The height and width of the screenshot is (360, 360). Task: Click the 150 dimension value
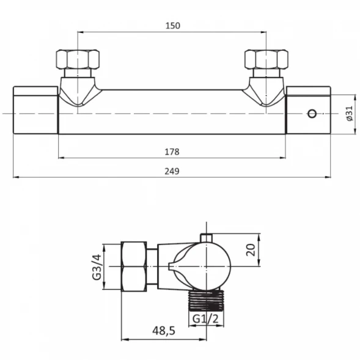tap(173, 26)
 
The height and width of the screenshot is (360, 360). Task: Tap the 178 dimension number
tap(172, 152)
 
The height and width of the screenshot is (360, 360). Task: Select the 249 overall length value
tap(172, 171)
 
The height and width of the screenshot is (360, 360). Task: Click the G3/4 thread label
tap(97, 267)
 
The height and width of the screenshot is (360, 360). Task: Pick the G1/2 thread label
tap(205, 318)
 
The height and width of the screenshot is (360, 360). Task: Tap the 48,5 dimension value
tap(164, 331)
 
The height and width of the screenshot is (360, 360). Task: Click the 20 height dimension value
tap(251, 250)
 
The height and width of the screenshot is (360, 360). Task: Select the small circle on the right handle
tap(312, 114)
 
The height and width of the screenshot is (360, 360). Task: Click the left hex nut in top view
tap(78, 59)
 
